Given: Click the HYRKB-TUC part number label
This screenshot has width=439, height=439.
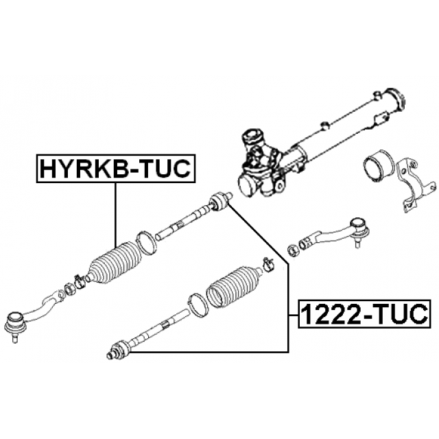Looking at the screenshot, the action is (115, 169).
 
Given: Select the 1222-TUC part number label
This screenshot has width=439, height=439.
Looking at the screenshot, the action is (364, 314).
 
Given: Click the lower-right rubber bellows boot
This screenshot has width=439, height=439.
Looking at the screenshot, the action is (235, 286).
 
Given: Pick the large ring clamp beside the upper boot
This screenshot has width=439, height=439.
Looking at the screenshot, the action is (146, 243).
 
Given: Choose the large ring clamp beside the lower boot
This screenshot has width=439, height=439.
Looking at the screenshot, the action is (198, 306).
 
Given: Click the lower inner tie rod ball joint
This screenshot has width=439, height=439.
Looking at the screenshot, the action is (119, 350).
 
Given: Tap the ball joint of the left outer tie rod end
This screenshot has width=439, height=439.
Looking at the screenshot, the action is (16, 322).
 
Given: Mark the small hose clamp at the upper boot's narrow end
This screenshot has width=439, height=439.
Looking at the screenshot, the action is (80, 282).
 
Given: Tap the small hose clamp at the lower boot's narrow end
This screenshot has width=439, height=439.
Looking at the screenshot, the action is (269, 265).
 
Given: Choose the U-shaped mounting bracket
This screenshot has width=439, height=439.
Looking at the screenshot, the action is (416, 185).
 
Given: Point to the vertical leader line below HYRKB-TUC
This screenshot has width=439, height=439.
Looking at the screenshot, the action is (115, 215).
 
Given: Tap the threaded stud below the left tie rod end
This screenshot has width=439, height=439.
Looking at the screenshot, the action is (14, 337).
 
